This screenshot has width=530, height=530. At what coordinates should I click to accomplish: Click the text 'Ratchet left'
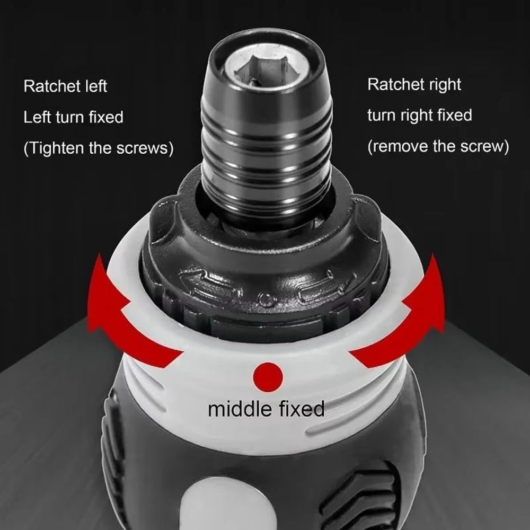click(65, 86)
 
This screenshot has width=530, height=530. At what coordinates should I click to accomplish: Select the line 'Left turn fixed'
click(73, 117)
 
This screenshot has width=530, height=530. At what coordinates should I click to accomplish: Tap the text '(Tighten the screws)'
click(98, 148)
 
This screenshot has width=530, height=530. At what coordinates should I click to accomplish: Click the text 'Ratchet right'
click(414, 85)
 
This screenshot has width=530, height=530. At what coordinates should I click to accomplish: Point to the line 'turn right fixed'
click(419, 115)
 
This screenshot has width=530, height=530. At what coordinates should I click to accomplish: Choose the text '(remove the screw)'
click(438, 146)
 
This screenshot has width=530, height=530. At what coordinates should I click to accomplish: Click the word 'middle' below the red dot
click(240, 409)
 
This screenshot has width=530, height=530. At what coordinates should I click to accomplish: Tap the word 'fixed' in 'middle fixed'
click(301, 409)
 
